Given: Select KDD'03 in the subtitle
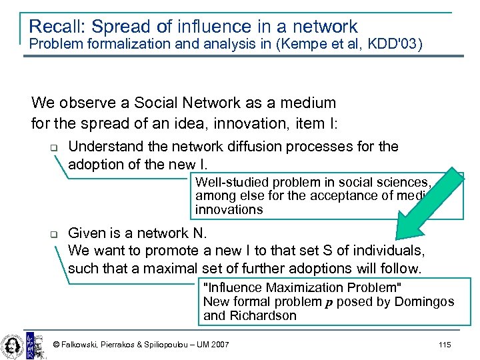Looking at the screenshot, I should coord(397,45).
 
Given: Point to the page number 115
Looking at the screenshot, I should coord(445,344).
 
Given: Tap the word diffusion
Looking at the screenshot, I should coord(265,147).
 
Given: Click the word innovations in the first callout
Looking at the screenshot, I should coord(229,209).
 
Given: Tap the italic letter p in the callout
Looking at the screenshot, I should coord(327,302).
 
